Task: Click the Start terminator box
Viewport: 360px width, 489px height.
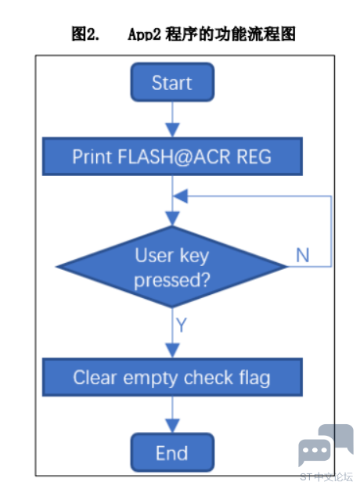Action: pos(172,82)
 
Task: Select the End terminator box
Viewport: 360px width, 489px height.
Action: pos(172,452)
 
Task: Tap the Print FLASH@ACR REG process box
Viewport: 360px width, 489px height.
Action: pos(172,156)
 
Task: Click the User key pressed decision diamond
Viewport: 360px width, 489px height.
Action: pos(172,267)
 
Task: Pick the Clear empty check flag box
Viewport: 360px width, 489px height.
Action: pos(172,377)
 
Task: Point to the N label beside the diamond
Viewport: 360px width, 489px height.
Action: pos(303,255)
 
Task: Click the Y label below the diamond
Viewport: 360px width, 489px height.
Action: pos(182,325)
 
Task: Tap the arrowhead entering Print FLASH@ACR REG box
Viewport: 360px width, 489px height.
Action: pos(172,130)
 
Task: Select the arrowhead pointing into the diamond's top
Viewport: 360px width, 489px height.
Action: pos(172,218)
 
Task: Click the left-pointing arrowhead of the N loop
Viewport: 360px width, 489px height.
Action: pos(180,196)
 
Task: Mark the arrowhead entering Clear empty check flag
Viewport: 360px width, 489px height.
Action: pos(172,351)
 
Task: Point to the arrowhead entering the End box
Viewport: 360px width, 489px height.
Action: pos(172,426)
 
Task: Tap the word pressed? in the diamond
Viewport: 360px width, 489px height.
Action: pos(172,280)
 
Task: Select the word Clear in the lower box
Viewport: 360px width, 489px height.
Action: pos(95,377)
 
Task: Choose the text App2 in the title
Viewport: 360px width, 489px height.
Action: pos(145,34)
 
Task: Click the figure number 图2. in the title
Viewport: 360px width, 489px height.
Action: pos(85,34)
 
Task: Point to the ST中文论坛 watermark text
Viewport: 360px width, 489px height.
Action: pos(326,476)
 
